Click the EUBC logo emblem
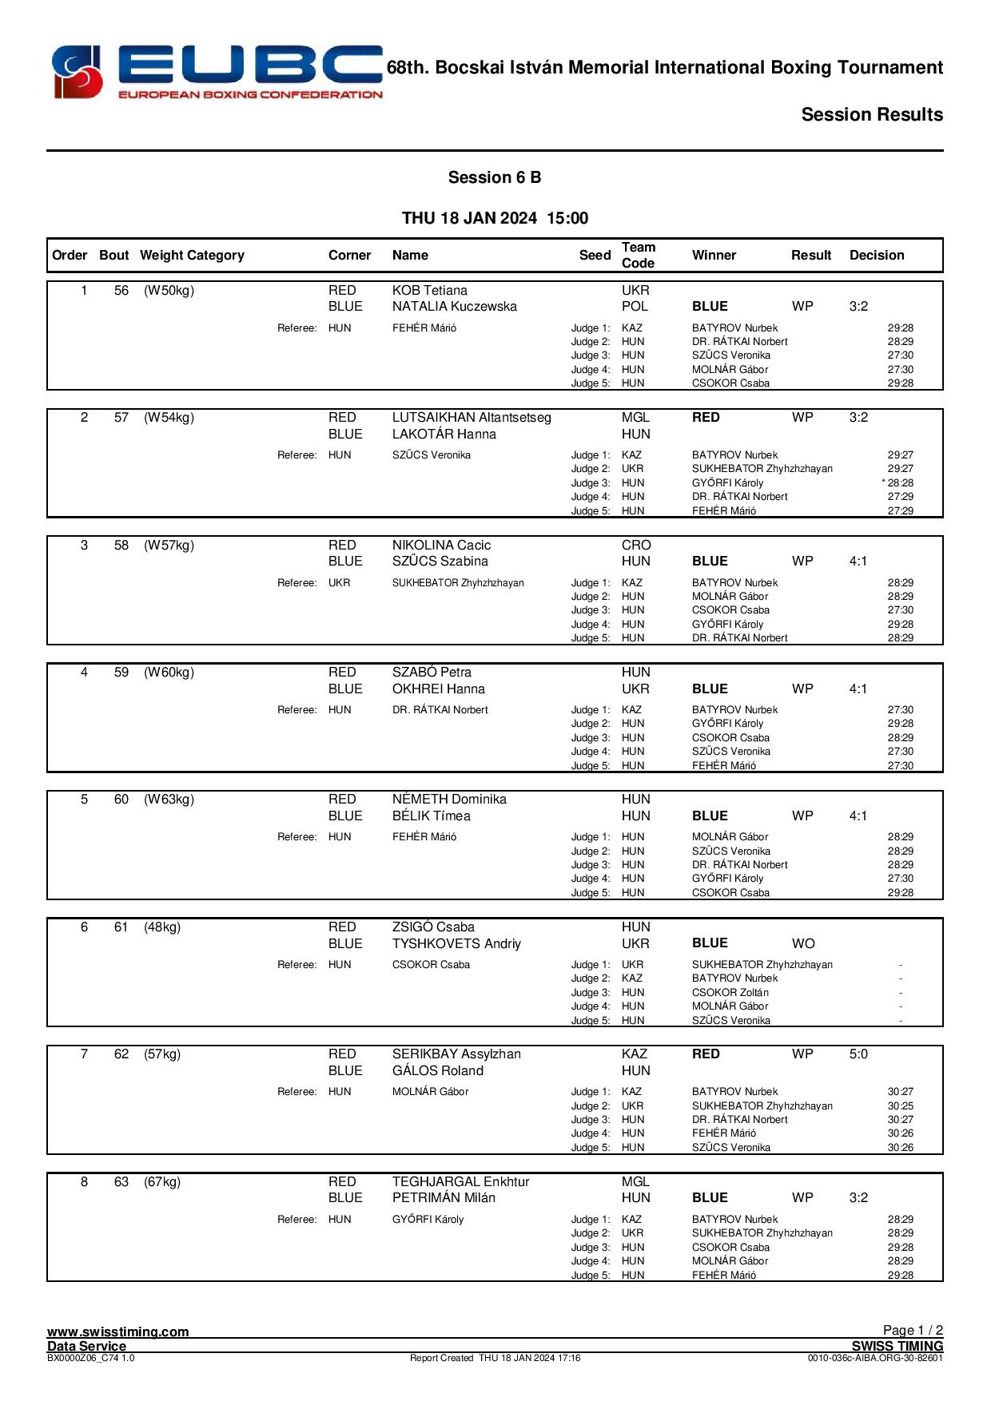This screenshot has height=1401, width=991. [x=78, y=72]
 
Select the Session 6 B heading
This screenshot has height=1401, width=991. [x=494, y=177]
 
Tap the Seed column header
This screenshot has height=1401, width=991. [x=595, y=256]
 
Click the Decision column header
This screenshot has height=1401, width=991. [x=877, y=256]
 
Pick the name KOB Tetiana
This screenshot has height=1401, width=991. [x=429, y=291]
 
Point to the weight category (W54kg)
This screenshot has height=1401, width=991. [x=169, y=418]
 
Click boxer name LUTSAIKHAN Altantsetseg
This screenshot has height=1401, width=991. [x=472, y=418]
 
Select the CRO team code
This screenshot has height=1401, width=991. [x=636, y=546]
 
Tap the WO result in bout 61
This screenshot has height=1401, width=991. [x=803, y=943]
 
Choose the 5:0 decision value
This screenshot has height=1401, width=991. [x=858, y=1054]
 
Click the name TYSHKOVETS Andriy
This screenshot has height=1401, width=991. [x=456, y=943]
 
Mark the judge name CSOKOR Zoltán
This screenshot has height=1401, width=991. [x=730, y=993]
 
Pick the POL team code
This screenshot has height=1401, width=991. [x=635, y=307]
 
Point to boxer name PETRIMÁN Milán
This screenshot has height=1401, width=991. [x=444, y=1198]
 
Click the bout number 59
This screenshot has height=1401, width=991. [x=121, y=673]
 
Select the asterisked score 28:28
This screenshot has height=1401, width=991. [x=899, y=483]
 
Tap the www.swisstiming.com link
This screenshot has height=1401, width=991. [x=118, y=1332]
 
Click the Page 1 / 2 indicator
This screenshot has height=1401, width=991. [x=913, y=1330]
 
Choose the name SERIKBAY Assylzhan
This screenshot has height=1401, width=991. [x=456, y=1054]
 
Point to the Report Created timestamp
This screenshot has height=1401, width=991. [x=495, y=1358]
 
